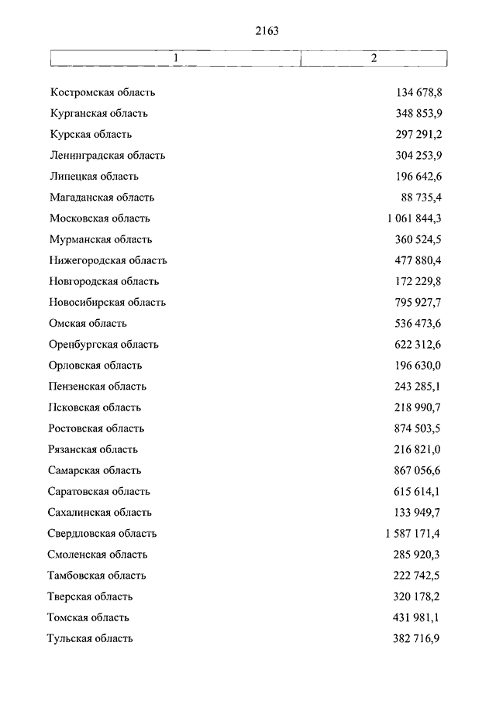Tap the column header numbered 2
pyautogui.click(x=374, y=59)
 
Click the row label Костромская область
pyautogui.click(x=103, y=93)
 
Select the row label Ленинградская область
pyautogui.click(x=108, y=156)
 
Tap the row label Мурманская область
pyautogui.click(x=101, y=239)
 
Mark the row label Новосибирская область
pyautogui.click(x=108, y=302)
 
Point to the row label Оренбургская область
pyautogui.click(x=104, y=344)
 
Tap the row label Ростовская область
pyautogui.click(x=96, y=428)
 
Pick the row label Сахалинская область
pyautogui.click(x=101, y=512)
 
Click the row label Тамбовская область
pyautogui.click(x=97, y=576)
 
